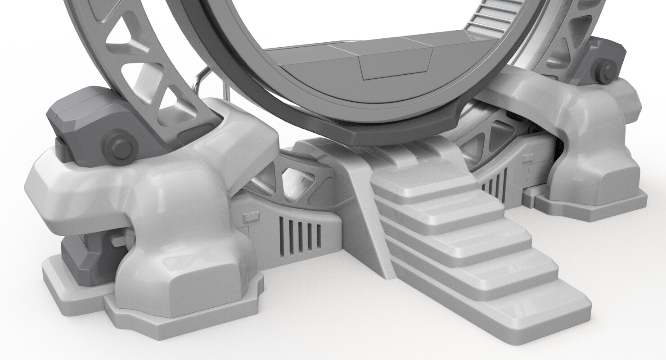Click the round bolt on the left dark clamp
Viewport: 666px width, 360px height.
(x=119, y=146)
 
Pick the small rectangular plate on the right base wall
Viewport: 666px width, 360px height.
(x=526, y=157)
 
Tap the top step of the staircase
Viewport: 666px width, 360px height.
(x=423, y=180)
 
